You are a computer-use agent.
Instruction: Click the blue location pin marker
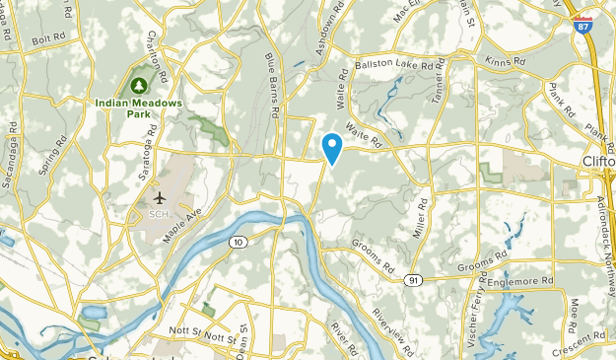point(333,148)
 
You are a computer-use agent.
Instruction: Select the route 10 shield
point(237,242)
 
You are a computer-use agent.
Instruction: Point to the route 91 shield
point(415,280)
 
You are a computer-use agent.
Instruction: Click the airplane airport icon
point(158,196)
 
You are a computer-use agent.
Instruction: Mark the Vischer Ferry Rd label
point(477,305)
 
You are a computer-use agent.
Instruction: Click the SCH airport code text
point(158,213)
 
